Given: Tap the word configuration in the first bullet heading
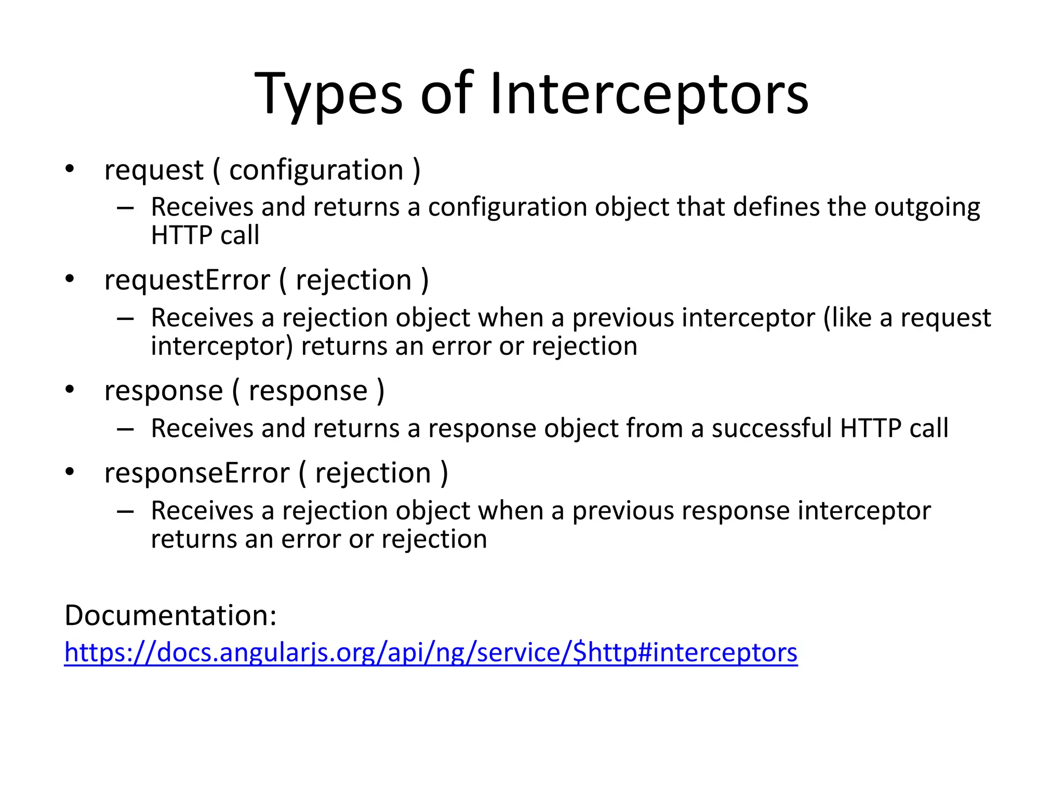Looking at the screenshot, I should click(316, 170).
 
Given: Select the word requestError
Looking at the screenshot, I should click(187, 281).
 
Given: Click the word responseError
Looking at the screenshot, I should click(196, 473).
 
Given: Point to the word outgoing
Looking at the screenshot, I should click(927, 208).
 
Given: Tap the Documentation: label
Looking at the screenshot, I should click(170, 615).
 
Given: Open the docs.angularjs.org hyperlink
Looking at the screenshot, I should click(431, 653).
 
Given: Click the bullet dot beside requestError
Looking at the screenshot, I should click(70, 279).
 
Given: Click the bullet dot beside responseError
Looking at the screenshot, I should click(70, 472).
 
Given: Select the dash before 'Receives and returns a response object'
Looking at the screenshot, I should click(125, 430).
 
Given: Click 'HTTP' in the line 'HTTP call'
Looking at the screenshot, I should click(181, 235).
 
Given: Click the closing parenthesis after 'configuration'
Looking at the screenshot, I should click(416, 170).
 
